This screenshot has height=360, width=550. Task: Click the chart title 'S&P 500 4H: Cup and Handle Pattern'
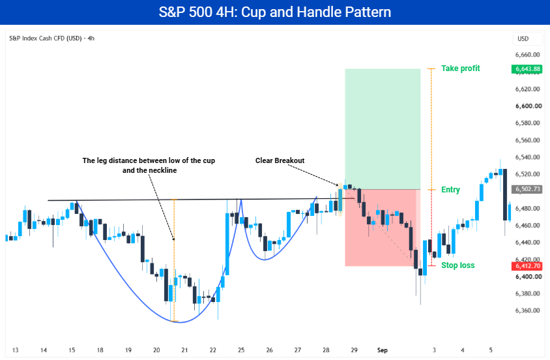[x=274, y=12]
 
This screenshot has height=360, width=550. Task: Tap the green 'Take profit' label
[x=460, y=68]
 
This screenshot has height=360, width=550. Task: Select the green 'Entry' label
[x=450, y=190]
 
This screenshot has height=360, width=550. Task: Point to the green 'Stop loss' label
[x=457, y=265]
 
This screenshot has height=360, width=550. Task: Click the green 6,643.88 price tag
[x=527, y=69]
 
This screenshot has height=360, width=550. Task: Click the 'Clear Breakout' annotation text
[x=280, y=160]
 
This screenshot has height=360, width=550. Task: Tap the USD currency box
[x=523, y=38]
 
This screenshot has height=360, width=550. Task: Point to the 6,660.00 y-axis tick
[x=527, y=55]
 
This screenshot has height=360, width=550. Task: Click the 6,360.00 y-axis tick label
[x=527, y=310]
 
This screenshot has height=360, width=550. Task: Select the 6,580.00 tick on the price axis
[x=527, y=123]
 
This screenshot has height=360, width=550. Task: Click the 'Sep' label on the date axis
[x=383, y=350]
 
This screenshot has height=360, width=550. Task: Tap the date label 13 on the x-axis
[x=15, y=350]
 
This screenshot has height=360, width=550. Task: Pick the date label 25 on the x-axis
[x=241, y=350]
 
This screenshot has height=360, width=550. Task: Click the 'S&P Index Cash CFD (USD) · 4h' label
[x=51, y=38]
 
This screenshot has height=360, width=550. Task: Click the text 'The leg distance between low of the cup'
[x=149, y=160]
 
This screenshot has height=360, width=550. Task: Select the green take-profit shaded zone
[x=383, y=129]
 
